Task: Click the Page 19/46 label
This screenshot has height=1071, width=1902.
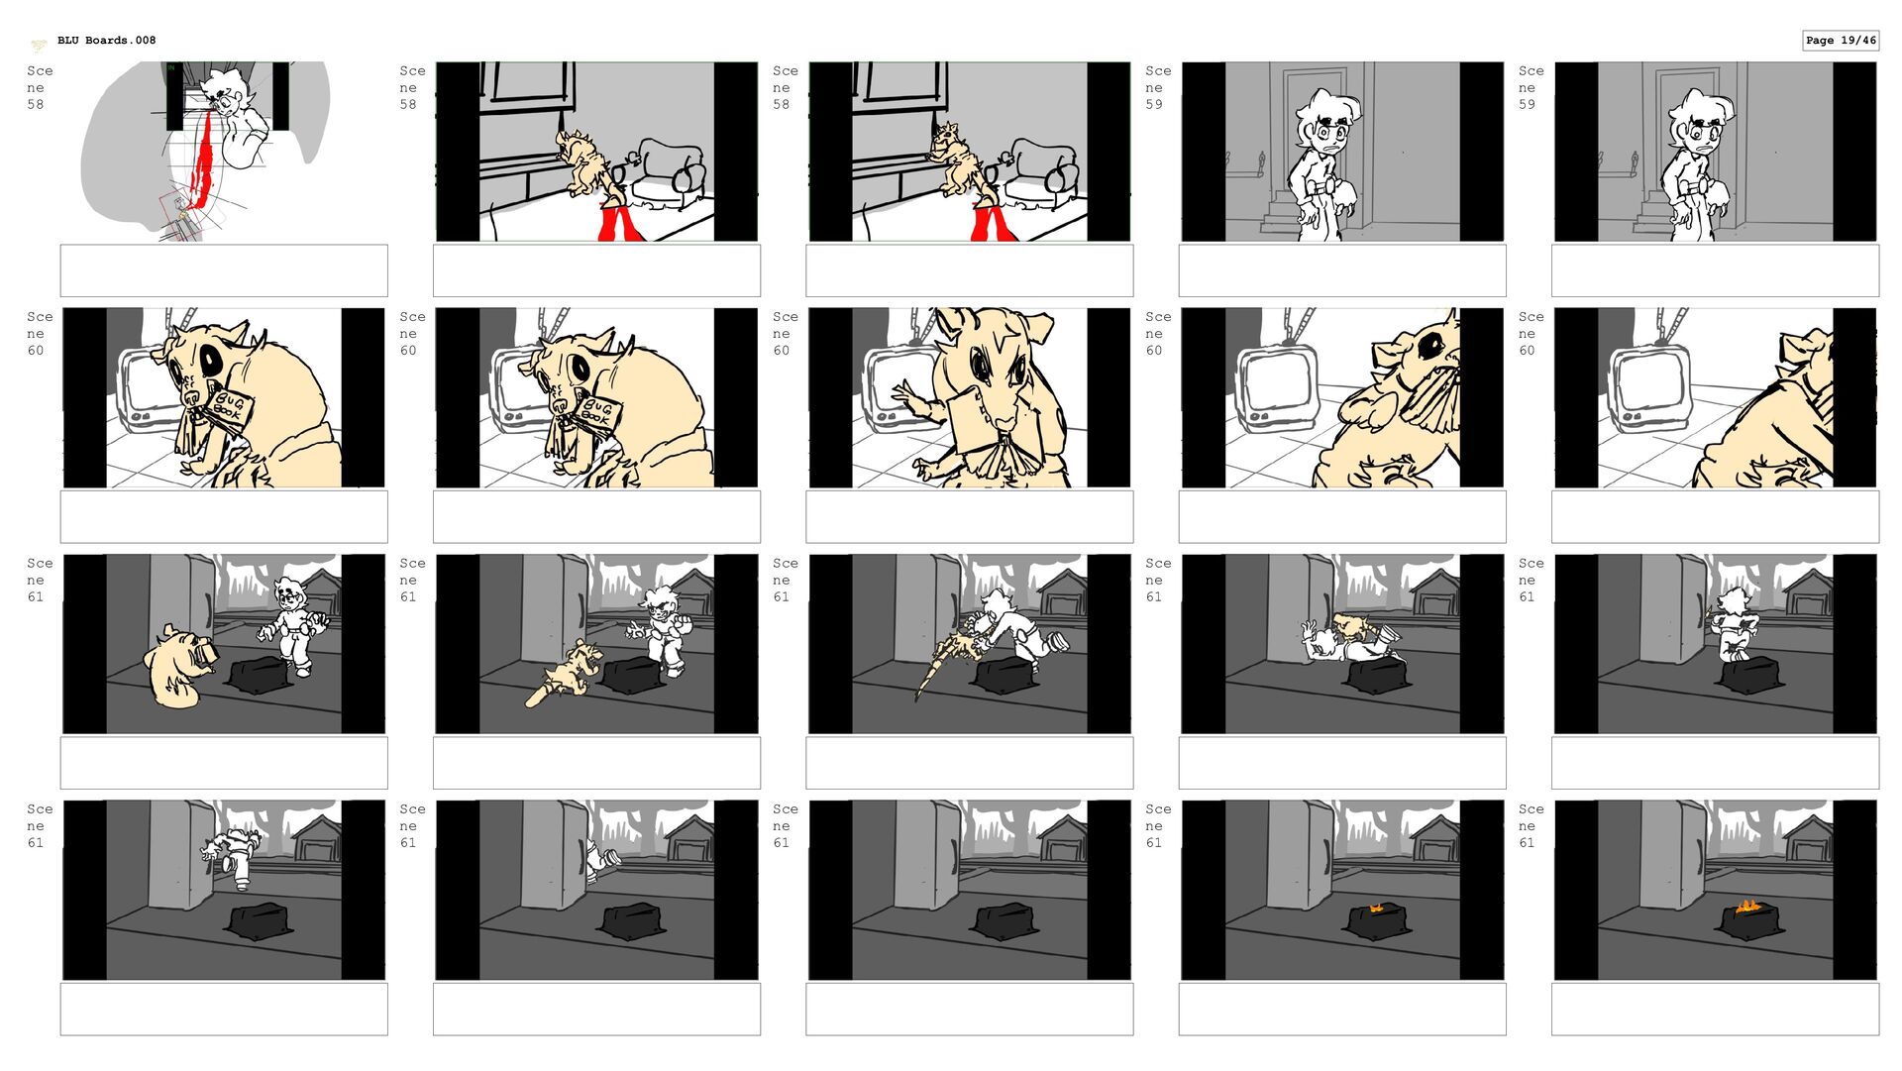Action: point(1841,41)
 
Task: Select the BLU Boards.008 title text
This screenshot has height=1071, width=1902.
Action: point(106,41)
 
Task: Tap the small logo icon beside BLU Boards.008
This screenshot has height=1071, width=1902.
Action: point(39,44)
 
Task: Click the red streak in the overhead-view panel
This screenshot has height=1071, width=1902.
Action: point(203,163)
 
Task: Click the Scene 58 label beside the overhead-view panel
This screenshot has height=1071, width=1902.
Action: point(40,87)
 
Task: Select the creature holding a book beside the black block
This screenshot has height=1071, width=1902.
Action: point(181,666)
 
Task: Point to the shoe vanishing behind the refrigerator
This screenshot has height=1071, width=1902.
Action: point(600,862)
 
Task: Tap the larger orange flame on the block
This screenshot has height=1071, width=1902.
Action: point(1747,906)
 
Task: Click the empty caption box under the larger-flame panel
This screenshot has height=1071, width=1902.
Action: point(1715,1009)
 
